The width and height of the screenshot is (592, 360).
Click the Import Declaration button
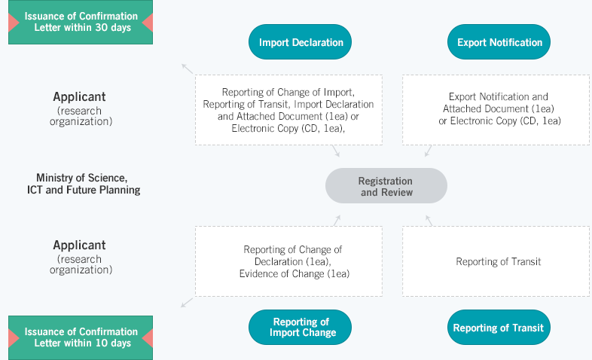coord(300,42)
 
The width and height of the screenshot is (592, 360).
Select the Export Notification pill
coord(499,42)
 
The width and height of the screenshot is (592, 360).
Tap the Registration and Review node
coord(386,186)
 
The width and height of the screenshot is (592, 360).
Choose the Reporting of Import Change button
coord(300,327)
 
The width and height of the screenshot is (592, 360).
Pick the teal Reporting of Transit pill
coord(499,327)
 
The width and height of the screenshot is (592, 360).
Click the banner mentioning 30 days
coord(81,22)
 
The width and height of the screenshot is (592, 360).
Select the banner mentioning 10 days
coord(81,337)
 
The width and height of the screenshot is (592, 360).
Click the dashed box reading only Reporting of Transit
coord(496,261)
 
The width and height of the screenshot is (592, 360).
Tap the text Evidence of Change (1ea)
coord(294,273)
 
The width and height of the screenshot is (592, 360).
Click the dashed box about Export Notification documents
coord(496,110)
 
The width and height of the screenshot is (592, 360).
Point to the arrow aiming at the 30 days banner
coord(188,69)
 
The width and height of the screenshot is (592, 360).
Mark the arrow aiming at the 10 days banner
coord(187,303)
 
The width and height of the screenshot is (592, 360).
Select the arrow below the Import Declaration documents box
coord(336,151)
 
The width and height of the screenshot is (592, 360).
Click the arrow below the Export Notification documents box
coord(428,151)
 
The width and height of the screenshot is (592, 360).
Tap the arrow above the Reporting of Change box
coord(337,221)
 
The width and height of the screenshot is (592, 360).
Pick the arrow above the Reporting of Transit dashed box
coord(429,221)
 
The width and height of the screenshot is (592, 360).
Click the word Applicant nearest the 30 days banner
coord(79,96)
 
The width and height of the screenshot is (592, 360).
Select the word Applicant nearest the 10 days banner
coord(79,245)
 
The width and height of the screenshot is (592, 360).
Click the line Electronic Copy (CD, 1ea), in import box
coord(288,128)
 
